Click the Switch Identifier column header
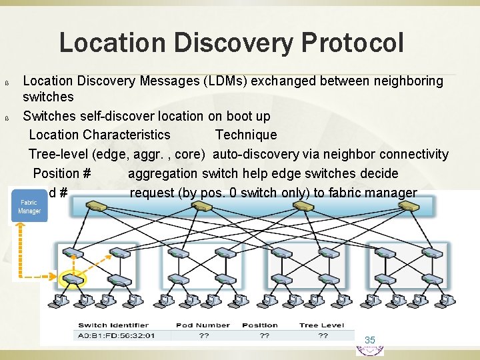tap(107, 325)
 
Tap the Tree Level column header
tap(322, 325)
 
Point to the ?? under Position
tap(265, 335)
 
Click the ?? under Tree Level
tap(323, 335)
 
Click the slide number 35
tap(370, 340)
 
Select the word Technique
tap(246, 135)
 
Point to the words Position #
tap(62, 173)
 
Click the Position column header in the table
tap(260, 325)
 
